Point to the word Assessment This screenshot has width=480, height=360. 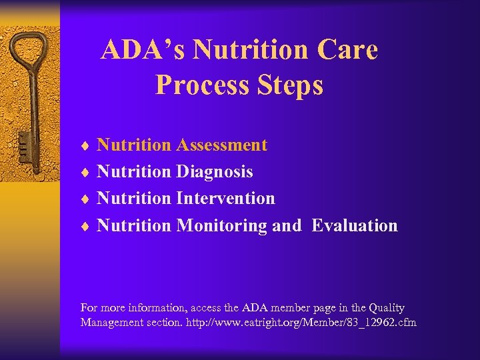221,145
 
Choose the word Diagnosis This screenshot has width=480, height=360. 214,171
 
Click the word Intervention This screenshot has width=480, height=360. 225,198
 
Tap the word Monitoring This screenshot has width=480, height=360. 221,225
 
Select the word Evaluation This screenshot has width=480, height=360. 355,225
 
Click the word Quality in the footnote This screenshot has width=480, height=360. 387,308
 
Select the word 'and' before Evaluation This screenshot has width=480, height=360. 287,225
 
